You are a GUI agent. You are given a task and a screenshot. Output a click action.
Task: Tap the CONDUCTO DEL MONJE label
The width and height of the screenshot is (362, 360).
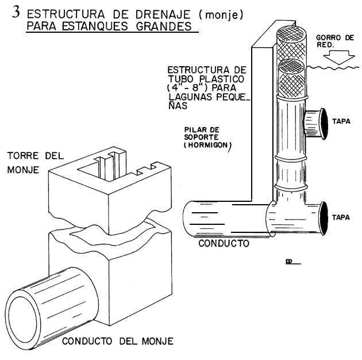coord(117,342)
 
